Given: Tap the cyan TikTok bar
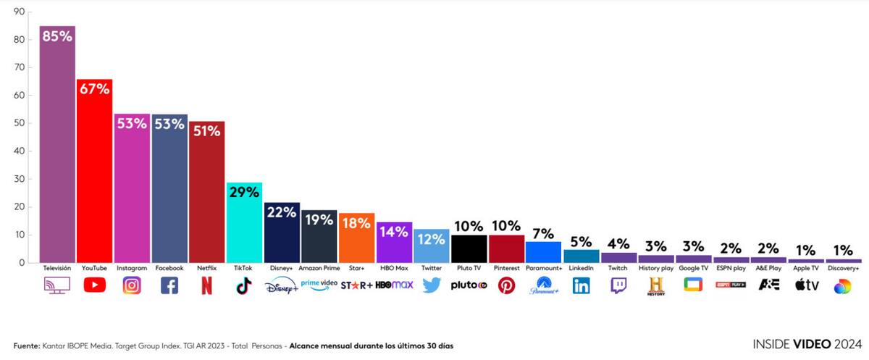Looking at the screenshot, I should (244, 228).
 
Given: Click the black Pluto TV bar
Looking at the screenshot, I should (469, 249).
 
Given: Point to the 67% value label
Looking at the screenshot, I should (94, 89).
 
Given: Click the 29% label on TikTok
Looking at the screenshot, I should (244, 192).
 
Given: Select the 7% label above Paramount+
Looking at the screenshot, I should (543, 233).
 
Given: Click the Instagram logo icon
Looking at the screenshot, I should (132, 285).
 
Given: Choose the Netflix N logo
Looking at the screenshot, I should (206, 285).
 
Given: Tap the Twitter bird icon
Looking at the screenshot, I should (432, 285).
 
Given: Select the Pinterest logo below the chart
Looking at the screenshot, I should (506, 285).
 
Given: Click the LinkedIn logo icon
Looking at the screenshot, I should (581, 285).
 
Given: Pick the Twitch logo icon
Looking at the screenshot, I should (618, 285).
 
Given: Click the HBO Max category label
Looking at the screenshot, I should (394, 268).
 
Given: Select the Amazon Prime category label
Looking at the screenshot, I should (319, 268).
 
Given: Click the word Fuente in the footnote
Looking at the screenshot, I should (26, 346).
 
